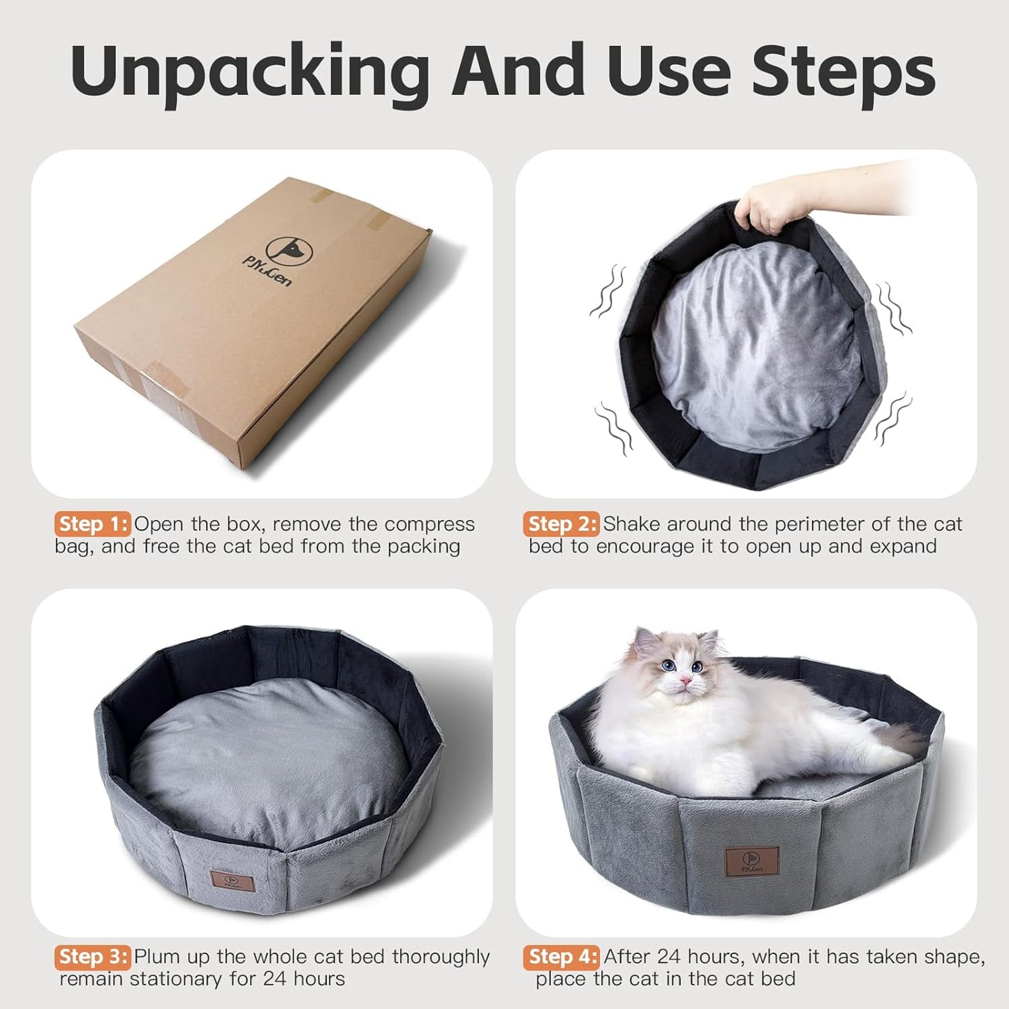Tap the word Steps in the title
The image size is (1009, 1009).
[843, 72]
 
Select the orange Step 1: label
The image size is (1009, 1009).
[92, 524]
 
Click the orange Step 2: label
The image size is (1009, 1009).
[561, 524]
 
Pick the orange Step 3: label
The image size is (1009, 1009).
[92, 956]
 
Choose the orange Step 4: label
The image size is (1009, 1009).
[561, 956]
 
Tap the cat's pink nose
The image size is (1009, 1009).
[686, 680]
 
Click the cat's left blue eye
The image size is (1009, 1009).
[669, 665]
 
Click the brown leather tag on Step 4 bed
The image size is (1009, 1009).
[751, 862]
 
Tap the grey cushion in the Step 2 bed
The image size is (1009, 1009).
[758, 349]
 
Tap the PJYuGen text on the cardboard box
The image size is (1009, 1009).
[267, 272]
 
